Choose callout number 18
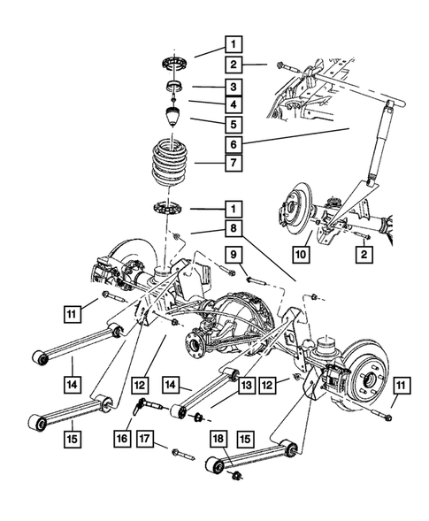(x=217, y=440)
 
